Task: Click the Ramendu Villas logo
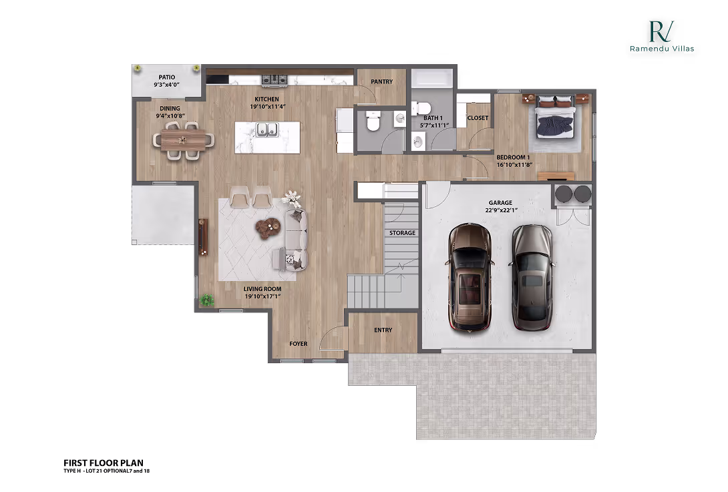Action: click(x=661, y=35)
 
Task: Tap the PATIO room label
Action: click(x=167, y=77)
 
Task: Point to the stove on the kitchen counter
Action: click(x=274, y=80)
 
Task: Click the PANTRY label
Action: click(x=381, y=81)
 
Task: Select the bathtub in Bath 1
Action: click(x=431, y=79)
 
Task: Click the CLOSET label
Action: click(x=478, y=118)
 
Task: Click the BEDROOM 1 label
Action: click(x=513, y=158)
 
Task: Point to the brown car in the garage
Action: click(x=470, y=277)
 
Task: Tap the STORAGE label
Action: click(x=403, y=233)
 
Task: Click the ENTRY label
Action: click(x=383, y=330)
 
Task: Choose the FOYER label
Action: click(x=298, y=344)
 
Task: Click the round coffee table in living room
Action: click(x=268, y=228)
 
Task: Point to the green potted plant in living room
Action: click(x=207, y=300)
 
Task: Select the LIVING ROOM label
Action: click(x=262, y=289)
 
